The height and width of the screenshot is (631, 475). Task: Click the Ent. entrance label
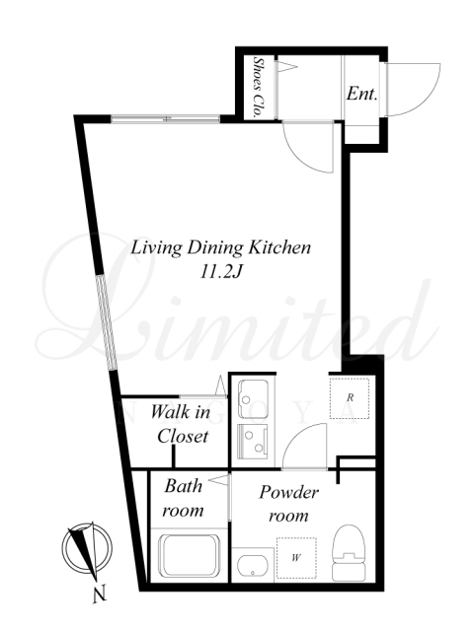pos(361,95)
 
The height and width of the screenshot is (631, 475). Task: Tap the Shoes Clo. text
pos(257,87)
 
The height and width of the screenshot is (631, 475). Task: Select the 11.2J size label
pos(220,273)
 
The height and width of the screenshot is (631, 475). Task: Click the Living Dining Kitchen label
pos(220,247)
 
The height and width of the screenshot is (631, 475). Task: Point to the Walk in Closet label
pos(182,424)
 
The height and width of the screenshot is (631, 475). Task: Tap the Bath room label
pos(183,498)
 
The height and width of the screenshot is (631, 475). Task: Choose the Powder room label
pos(288,504)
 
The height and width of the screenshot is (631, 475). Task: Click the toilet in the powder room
pos(349,552)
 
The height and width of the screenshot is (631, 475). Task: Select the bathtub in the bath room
pos(190,556)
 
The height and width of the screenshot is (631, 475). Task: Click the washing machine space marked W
pos(296,558)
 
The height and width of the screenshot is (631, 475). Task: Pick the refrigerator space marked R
pos(350,398)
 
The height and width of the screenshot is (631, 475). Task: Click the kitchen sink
pos(253,398)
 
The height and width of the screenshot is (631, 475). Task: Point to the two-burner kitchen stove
pos(253,441)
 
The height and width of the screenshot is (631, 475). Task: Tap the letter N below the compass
pos(100,594)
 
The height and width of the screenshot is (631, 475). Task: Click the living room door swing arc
pos(300,158)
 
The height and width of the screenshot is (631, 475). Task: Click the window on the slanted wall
pos(107,322)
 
